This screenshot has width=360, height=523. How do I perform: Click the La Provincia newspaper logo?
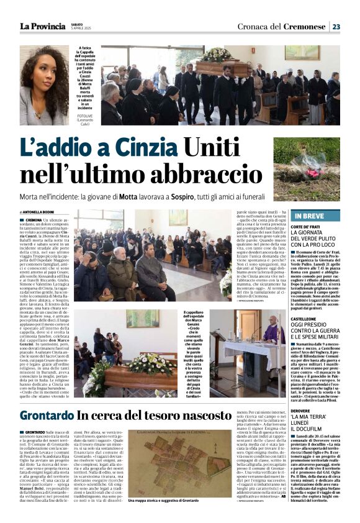pos(42,26)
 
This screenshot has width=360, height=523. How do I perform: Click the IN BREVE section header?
pos(311,216)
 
